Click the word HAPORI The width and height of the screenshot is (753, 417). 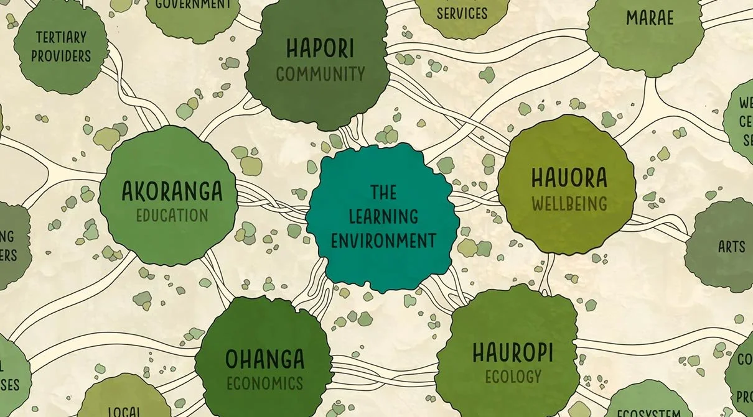(320, 48)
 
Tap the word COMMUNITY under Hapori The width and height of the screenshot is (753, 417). (320, 75)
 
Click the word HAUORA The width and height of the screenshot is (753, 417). (569, 178)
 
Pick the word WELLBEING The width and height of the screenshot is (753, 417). (569, 203)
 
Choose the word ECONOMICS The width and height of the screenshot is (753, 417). (264, 383)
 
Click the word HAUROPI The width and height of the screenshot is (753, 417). (513, 352)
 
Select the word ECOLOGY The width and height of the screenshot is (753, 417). (513, 376)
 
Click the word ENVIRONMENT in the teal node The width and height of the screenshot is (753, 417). (383, 240)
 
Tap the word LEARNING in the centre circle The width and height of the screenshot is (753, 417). (383, 216)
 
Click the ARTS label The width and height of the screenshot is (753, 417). (731, 247)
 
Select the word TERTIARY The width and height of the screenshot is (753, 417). (60, 37)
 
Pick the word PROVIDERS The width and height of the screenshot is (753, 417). (60, 56)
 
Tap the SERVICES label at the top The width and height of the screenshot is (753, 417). (462, 13)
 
